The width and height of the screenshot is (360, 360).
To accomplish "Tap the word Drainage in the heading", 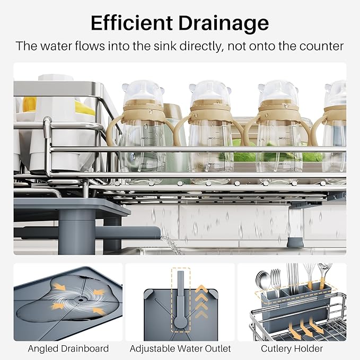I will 224,23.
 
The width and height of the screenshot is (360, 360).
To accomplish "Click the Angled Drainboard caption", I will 68,348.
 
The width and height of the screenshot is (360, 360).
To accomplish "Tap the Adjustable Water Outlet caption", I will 180,348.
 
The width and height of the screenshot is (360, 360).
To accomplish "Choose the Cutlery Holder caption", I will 292,348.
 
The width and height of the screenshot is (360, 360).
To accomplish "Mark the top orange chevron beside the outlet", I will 201,288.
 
